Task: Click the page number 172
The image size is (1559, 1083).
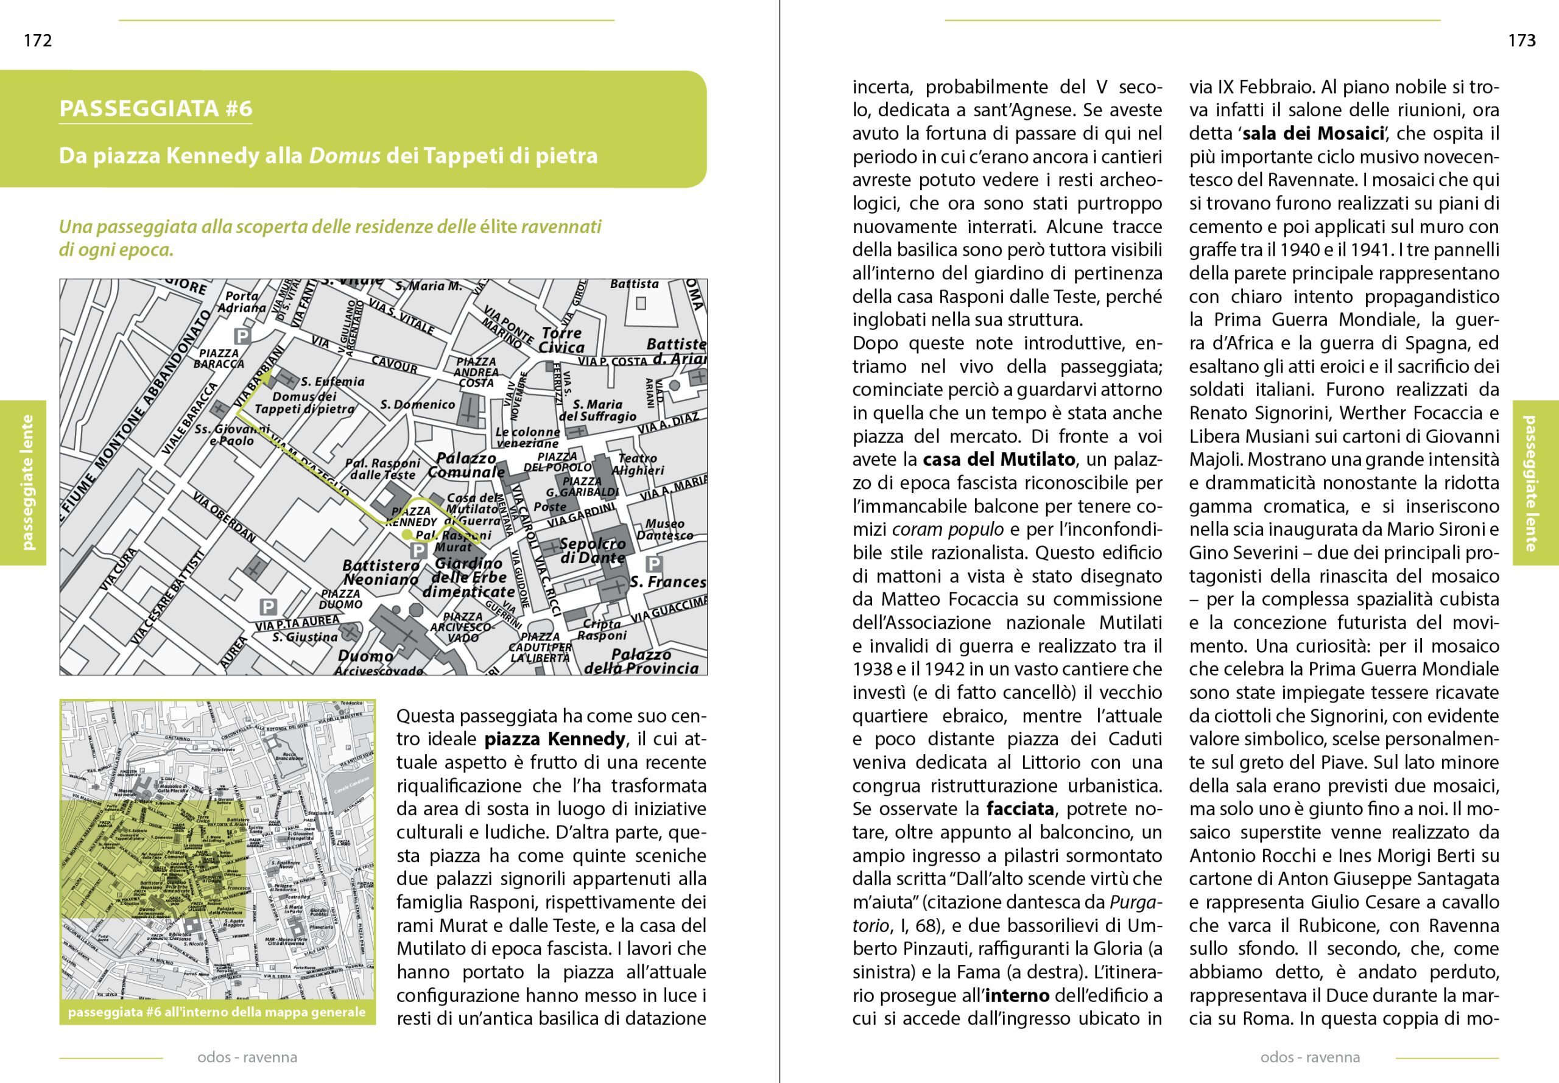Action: coord(37,41)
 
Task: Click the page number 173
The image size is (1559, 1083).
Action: coord(1522,41)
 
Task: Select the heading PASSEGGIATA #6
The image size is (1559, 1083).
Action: coord(155,108)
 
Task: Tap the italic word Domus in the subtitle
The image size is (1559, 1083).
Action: coord(344,156)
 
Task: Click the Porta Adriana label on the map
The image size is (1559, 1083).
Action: coord(242,301)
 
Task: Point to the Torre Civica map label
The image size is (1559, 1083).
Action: coord(561,340)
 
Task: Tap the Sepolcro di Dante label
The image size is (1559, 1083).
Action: coord(593,550)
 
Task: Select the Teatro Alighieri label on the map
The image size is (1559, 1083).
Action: coord(638,464)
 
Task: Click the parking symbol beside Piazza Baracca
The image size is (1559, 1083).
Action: coord(242,335)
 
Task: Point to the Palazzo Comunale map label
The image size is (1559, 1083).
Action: coord(466,466)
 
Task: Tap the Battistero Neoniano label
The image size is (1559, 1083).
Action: coord(381,572)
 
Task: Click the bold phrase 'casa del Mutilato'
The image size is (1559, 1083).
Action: coord(998,460)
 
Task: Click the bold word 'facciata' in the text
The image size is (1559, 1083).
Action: coord(1020,809)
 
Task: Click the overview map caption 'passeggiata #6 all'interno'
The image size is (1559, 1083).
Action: coord(217,1012)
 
